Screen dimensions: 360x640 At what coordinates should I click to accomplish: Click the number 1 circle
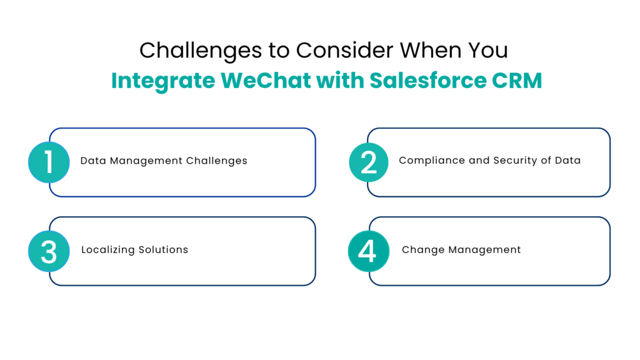pos(49,162)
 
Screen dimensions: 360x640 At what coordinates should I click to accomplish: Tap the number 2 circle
pos(369,162)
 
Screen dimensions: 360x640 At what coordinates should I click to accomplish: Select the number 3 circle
pos(49,251)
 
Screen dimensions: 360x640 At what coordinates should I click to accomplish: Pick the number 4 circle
pos(368,251)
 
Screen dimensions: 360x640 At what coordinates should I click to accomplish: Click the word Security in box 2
pos(512,161)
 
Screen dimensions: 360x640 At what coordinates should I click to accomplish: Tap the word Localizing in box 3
pos(108,249)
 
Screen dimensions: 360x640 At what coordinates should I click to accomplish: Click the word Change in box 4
pos(420,249)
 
